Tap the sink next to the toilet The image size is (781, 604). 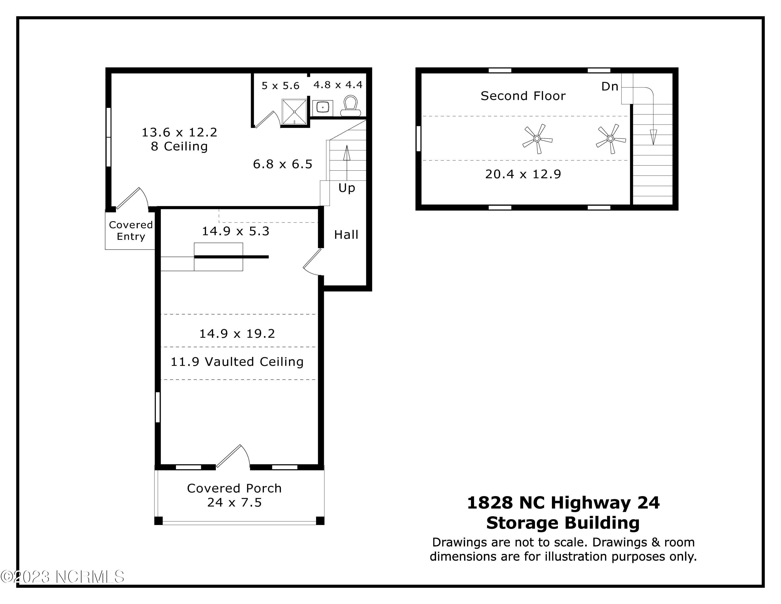pos(323,107)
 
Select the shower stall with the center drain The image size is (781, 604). pos(294,112)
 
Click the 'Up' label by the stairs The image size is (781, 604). pos(347,188)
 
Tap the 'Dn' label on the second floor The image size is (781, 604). pos(610,87)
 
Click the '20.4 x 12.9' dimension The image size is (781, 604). pos(523,174)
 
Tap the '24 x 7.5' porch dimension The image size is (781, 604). pos(235,503)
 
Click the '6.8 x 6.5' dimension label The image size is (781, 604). pos(282,164)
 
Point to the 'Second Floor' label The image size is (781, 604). pos(523,96)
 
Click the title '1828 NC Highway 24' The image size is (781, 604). pos(563,503)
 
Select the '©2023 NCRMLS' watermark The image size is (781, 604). pos(62,577)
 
